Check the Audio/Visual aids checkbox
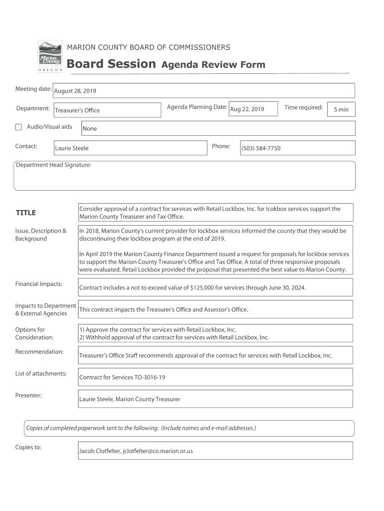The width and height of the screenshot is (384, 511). click(18, 127)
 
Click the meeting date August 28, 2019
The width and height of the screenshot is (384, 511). click(75, 91)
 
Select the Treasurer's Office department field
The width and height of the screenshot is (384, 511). click(77, 110)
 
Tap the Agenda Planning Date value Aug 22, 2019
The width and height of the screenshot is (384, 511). click(247, 109)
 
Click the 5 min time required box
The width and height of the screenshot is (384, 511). click(341, 110)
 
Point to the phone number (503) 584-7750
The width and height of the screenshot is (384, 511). click(261, 148)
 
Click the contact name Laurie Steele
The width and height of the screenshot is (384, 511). click(72, 148)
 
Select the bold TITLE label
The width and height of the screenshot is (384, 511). click(26, 213)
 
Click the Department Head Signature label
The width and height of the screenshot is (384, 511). click(53, 165)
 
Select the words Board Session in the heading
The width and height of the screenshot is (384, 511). click(111, 64)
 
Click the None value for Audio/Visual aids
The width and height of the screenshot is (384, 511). click(90, 129)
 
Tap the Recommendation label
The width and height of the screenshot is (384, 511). click(39, 352)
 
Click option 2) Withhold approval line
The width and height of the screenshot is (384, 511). click(174, 337)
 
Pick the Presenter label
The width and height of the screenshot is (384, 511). click(28, 396)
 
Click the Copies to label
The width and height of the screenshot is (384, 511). click(28, 447)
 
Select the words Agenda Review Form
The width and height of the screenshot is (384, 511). click(213, 65)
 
